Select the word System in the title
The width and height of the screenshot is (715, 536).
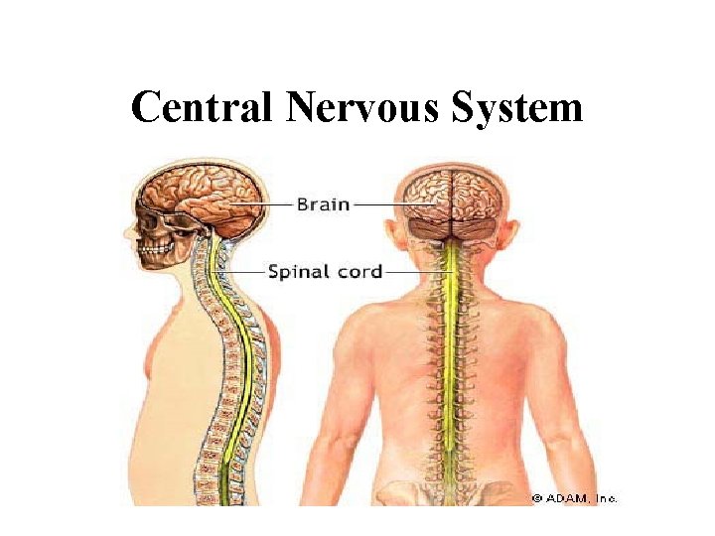[517, 107]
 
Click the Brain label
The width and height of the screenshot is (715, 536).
[323, 204]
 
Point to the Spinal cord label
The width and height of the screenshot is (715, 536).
[324, 270]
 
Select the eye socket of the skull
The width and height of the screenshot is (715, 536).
[151, 215]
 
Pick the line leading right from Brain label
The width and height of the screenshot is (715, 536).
[377, 204]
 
